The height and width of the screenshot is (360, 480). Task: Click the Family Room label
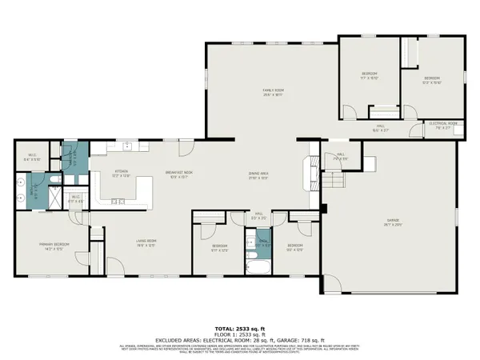[x=274, y=91]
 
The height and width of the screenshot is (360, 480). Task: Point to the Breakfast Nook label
[x=176, y=174]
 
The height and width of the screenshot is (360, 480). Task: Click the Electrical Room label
[x=442, y=123]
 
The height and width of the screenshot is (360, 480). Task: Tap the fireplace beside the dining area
[x=308, y=172]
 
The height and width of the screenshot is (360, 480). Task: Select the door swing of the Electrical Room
[x=416, y=130]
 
